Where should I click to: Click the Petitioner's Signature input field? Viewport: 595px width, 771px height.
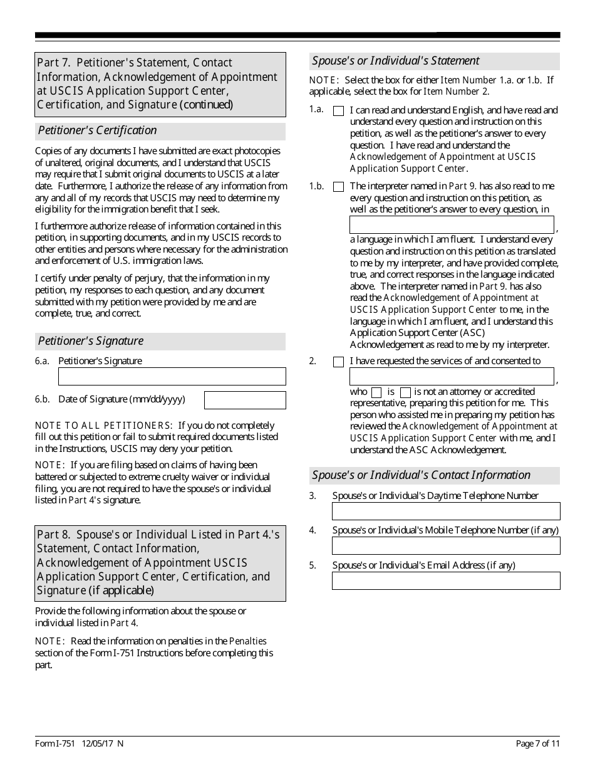click(x=172, y=376)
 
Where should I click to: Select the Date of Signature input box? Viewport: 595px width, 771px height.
click(x=245, y=400)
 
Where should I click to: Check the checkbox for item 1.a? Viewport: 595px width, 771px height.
click(x=338, y=111)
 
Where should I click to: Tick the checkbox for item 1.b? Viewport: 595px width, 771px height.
click(x=338, y=187)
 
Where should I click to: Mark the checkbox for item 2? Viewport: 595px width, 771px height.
click(x=338, y=362)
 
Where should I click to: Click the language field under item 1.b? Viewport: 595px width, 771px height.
click(x=452, y=224)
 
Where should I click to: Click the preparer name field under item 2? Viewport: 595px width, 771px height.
click(x=452, y=376)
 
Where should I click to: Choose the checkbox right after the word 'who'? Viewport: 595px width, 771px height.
click(x=376, y=392)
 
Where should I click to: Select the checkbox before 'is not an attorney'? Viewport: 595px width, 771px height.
click(x=405, y=392)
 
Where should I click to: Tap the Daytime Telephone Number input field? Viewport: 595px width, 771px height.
click(x=446, y=511)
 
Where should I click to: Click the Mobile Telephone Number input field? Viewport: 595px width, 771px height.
click(x=446, y=545)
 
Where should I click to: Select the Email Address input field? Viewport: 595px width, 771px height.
click(x=446, y=580)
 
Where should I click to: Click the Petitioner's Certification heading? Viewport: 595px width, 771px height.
click(x=97, y=130)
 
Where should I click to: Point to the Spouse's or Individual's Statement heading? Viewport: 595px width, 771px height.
click(x=396, y=61)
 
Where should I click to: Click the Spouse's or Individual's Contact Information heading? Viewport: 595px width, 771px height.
click(x=421, y=475)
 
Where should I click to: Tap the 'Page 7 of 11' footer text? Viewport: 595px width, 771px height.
click(x=537, y=744)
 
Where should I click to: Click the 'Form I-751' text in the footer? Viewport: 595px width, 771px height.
click(x=55, y=744)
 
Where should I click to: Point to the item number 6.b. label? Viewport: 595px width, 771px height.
click(x=43, y=399)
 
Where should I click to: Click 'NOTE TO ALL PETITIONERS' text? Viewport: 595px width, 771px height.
click(x=103, y=426)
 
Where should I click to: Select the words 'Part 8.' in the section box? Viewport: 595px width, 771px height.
click(x=54, y=535)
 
